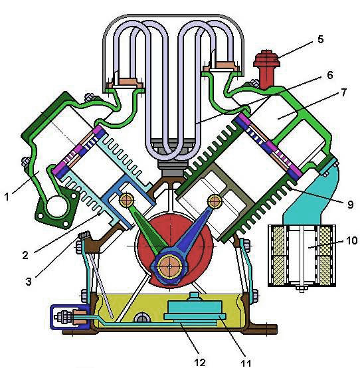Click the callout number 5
[x=320, y=39]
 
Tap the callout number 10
[x=351, y=240]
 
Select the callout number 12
[x=200, y=363]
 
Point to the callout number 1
[x=7, y=197]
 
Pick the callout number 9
[x=350, y=205]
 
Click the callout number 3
[x=28, y=282]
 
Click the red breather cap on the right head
[x=266, y=68]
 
